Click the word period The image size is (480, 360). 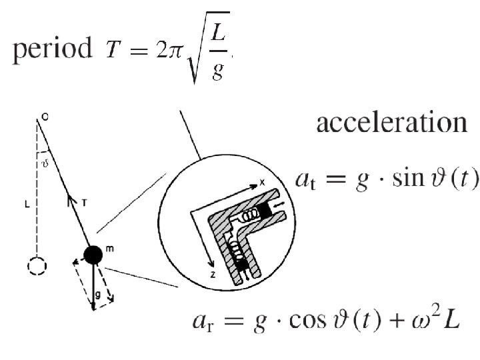coord(50,49)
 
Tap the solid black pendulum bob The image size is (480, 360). coord(93,254)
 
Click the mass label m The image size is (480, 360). coord(109,249)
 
